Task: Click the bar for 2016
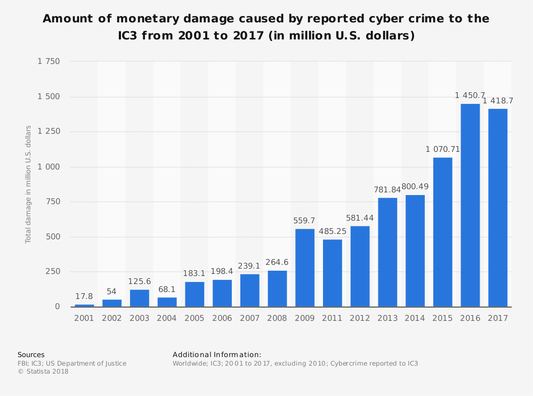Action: click(x=470, y=205)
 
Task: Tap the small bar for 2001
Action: click(x=84, y=305)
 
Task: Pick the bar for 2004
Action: click(x=167, y=302)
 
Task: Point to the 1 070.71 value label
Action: click(x=442, y=149)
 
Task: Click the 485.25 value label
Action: click(x=333, y=231)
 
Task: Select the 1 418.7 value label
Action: click(x=498, y=101)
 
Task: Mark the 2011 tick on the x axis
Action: click(x=333, y=318)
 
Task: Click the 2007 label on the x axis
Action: click(x=249, y=318)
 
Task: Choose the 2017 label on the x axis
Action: click(x=498, y=318)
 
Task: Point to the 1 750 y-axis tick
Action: click(x=49, y=62)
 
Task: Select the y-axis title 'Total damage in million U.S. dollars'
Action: click(x=28, y=184)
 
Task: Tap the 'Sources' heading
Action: click(x=31, y=354)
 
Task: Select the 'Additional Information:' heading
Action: click(x=217, y=354)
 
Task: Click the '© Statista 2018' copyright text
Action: click(x=43, y=371)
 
